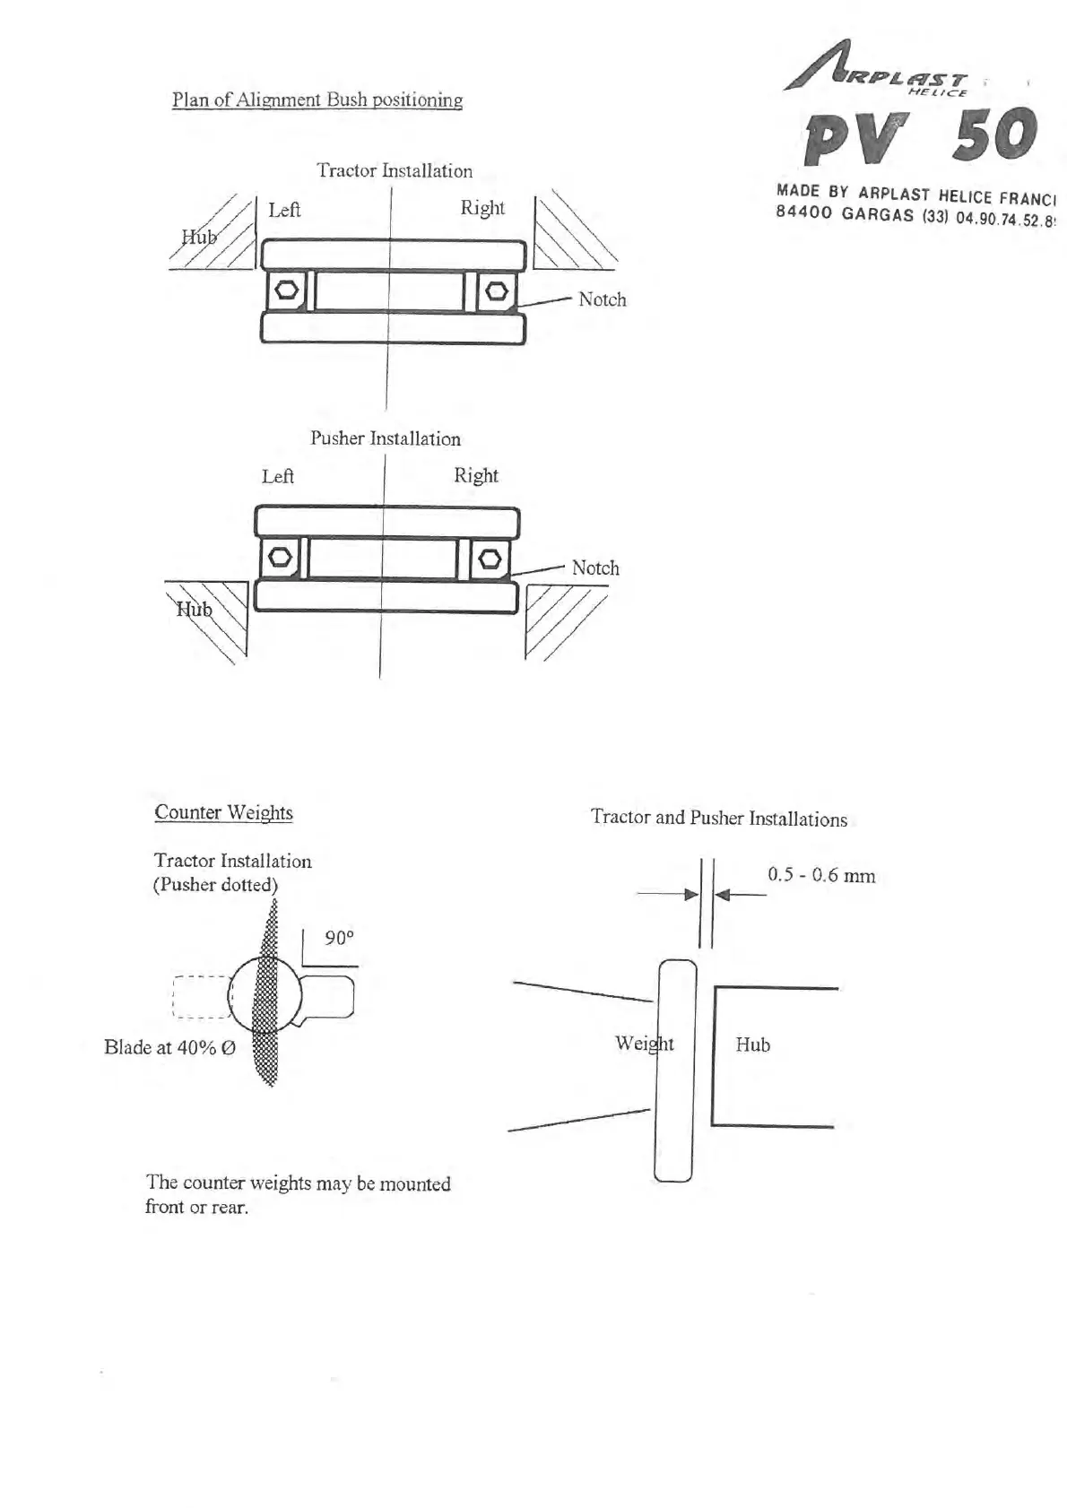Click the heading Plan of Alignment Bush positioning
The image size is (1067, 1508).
(317, 100)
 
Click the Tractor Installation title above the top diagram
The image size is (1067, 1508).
(394, 170)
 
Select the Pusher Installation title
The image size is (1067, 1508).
(385, 438)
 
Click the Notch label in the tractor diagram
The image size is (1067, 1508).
(602, 299)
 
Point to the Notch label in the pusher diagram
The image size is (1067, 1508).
(594, 568)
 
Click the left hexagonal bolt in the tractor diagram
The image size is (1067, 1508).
(287, 290)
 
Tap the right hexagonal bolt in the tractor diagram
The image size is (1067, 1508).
(496, 290)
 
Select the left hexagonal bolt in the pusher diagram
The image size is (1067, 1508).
(280, 558)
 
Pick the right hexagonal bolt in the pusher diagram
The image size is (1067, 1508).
(490, 559)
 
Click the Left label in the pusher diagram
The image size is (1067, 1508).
(277, 476)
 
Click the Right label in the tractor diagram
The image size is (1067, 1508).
(482, 208)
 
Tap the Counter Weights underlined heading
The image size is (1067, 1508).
(223, 812)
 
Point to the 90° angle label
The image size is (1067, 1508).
(339, 938)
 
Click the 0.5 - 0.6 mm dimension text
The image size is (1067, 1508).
(820, 875)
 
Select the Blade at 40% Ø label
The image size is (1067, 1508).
(169, 1047)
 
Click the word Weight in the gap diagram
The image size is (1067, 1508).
(644, 1044)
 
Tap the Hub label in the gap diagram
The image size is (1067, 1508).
(752, 1044)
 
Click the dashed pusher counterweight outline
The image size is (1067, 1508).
(200, 996)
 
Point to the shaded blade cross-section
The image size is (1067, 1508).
(267, 995)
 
